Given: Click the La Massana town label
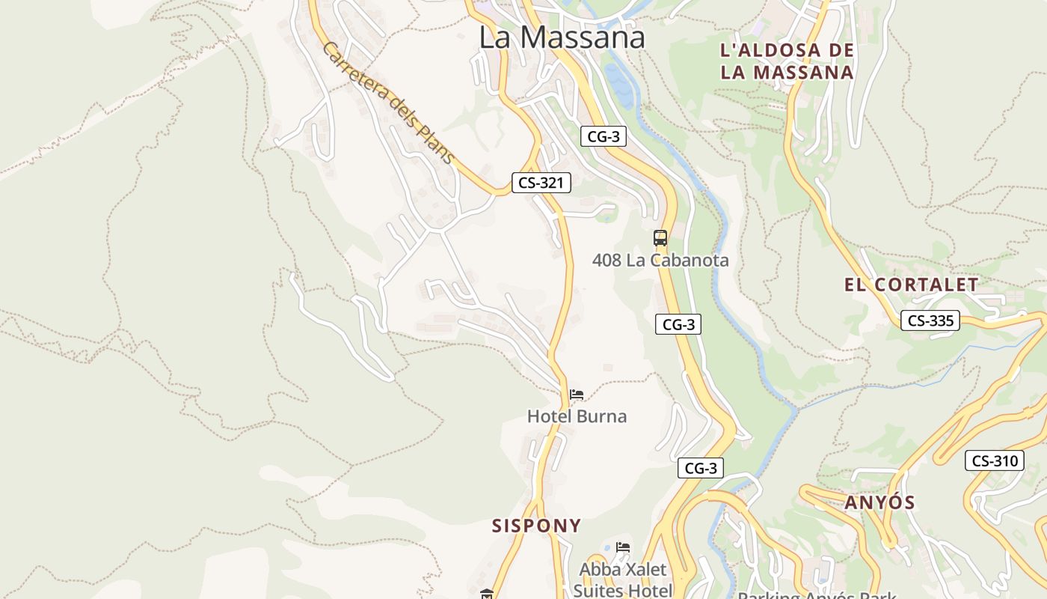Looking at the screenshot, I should tap(562, 37).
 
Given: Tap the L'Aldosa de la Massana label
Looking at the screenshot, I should tap(786, 61).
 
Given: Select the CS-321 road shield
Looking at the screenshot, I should tap(541, 183).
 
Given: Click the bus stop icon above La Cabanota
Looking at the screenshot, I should tap(660, 238).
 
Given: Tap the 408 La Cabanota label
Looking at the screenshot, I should tap(660, 261).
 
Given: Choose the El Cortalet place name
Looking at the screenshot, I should tap(911, 285).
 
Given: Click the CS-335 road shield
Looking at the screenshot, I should tap(930, 320).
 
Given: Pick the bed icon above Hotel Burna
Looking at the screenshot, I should tap(576, 395).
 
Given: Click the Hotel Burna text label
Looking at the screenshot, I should tap(577, 416).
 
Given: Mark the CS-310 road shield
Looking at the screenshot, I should tap(994, 460).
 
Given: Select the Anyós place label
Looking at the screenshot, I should tap(879, 502).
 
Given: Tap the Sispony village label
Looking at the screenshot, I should tap(536, 526).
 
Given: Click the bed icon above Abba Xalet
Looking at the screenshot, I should tap(622, 547).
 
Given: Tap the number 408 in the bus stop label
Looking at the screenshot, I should tap(607, 261).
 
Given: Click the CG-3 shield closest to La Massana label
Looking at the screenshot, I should tap(603, 136).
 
